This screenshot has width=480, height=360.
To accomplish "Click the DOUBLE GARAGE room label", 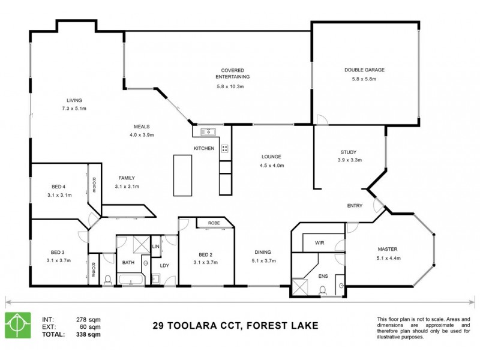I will coord(364,70).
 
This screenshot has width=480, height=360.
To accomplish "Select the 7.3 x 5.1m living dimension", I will coord(74,109).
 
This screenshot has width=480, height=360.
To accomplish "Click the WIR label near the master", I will coord(320,243).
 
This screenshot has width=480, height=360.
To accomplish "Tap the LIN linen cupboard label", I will coord(155,246).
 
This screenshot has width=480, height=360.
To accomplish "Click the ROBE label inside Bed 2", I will coord(214,223).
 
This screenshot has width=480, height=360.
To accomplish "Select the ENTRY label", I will coord(355,206).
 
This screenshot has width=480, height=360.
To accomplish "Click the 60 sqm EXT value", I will coord(88,327).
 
